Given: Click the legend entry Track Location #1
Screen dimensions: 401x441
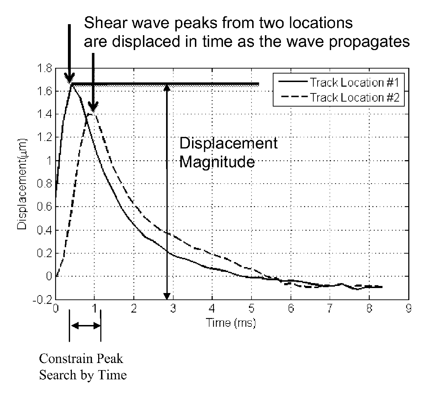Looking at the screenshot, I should click(x=354, y=82).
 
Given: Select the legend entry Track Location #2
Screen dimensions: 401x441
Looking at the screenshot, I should click(x=355, y=97).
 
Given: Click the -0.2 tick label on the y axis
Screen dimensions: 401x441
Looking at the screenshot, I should click(x=43, y=300).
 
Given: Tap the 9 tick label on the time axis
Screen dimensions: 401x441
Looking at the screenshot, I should click(x=409, y=309).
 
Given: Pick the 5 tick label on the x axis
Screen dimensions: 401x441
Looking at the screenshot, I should click(x=251, y=309).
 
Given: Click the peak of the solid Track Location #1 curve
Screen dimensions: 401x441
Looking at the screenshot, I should click(x=71, y=84).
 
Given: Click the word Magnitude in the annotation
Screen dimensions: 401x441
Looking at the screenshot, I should click(x=217, y=162).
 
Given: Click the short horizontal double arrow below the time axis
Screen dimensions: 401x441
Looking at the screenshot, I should click(x=85, y=325).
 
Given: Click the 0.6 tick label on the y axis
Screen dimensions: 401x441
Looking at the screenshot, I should click(x=44, y=207).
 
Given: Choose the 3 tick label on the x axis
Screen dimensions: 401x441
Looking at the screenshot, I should click(x=173, y=309).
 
